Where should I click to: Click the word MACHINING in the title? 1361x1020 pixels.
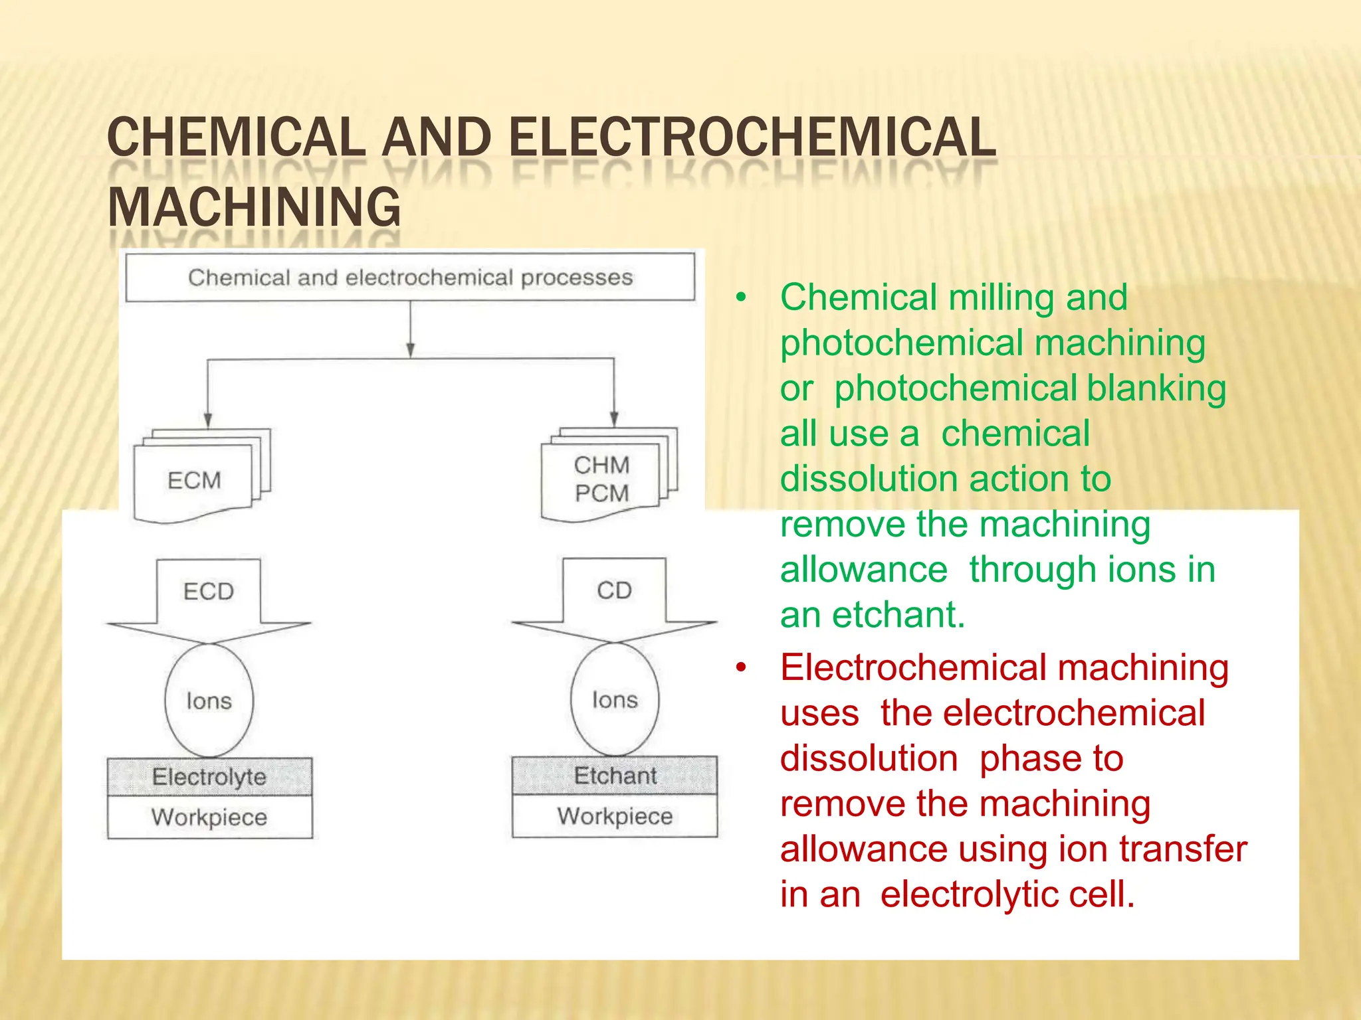click(254, 207)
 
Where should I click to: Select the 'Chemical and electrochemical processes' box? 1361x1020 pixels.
click(410, 278)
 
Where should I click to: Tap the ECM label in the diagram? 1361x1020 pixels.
click(194, 480)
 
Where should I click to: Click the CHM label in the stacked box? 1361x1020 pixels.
click(601, 465)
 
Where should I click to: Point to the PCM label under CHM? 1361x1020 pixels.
click(601, 493)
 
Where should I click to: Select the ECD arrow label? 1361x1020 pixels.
click(209, 591)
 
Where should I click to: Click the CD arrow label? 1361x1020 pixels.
click(614, 590)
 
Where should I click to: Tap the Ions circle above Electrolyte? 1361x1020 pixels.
click(209, 701)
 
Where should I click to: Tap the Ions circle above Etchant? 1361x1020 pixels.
click(615, 699)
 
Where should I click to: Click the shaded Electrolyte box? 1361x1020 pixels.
click(209, 776)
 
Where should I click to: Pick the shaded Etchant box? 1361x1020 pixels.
click(615, 775)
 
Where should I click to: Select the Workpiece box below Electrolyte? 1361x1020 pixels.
click(209, 817)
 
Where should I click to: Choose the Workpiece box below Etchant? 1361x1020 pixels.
click(615, 815)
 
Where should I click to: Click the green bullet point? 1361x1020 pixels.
click(742, 297)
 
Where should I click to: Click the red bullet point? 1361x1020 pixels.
click(742, 667)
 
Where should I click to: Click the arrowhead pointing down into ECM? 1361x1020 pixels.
click(208, 420)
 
